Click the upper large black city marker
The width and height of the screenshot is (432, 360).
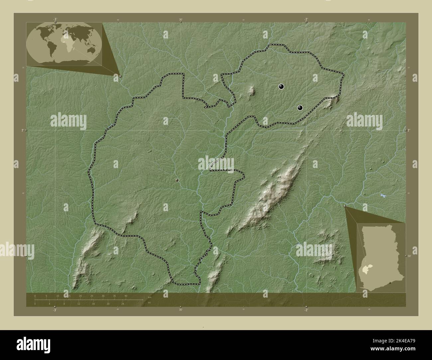click(x=281, y=87)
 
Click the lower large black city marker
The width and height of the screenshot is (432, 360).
click(x=300, y=108)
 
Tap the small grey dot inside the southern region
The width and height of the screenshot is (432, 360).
click(x=177, y=180)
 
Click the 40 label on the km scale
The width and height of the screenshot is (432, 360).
click(x=126, y=296)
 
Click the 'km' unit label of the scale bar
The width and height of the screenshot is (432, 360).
click(x=150, y=297)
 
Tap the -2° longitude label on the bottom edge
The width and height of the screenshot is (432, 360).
click(x=306, y=310)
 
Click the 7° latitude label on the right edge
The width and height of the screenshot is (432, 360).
click(x=409, y=131)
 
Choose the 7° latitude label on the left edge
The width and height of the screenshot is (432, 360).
click(x=22, y=131)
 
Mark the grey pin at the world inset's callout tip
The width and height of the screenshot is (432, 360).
click(x=120, y=76)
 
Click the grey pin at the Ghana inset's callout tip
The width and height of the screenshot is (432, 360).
click(x=345, y=207)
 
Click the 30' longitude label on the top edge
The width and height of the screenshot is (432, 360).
click(x=180, y=20)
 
